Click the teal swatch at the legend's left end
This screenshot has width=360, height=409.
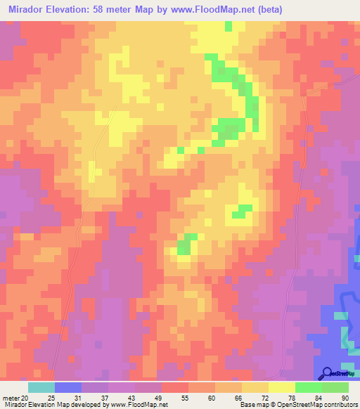pos(41,387)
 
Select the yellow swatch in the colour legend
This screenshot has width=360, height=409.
pos(281,387)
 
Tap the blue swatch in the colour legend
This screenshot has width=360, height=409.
pos(68,387)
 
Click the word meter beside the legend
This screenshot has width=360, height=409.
pos(12,396)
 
